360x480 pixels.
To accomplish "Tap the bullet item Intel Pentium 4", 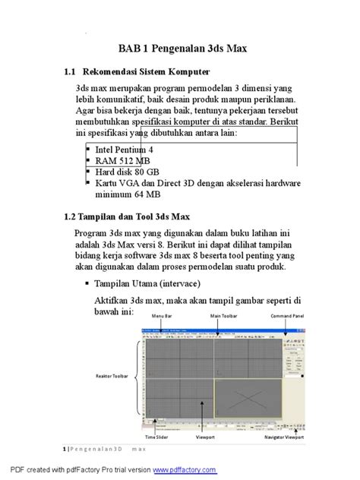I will [124, 150].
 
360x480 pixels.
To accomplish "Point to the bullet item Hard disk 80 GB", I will [127, 172].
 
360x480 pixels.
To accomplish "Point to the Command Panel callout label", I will [287, 316].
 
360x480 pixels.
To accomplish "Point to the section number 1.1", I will [71, 72].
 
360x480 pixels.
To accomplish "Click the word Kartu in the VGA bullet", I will [108, 183].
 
